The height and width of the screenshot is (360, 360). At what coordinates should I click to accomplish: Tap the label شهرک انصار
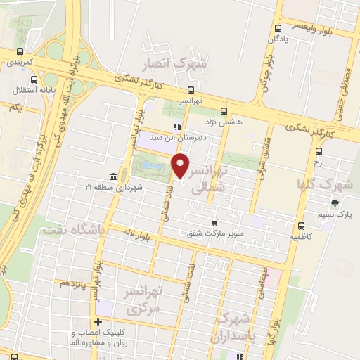point(175,65)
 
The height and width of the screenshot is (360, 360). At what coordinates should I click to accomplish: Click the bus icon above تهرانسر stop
point(191,90)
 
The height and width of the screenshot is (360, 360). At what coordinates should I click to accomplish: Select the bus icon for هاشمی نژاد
point(224,110)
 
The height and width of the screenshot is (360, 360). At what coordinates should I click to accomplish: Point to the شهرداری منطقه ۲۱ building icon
point(113,176)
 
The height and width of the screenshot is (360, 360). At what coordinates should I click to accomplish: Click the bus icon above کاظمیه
point(301,226)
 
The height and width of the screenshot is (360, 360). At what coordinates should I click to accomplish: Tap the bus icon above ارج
point(319,150)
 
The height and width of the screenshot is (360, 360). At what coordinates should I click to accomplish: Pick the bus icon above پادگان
point(278,29)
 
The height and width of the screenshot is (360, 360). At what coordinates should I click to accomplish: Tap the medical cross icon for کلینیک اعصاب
point(98,323)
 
